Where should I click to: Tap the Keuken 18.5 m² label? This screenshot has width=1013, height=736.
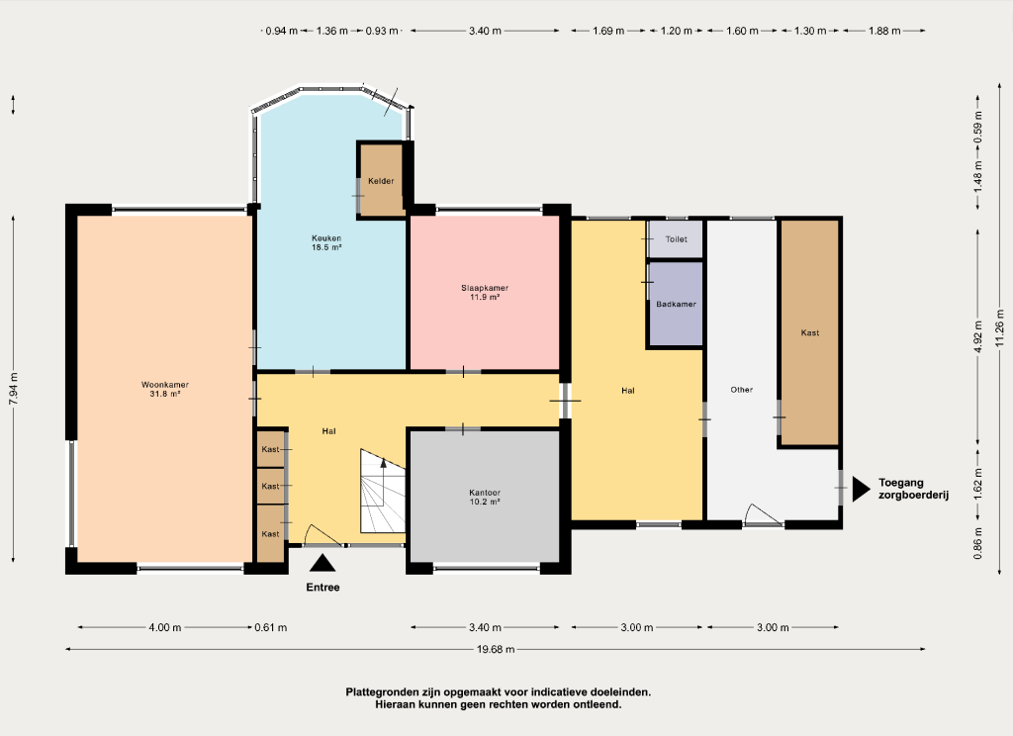pos(326,242)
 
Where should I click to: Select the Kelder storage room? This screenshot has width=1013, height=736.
pos(381,180)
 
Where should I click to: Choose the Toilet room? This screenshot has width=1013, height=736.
pos(676,239)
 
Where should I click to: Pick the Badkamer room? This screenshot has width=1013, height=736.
pos(676,304)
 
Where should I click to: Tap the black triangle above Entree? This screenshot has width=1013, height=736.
pos(322,563)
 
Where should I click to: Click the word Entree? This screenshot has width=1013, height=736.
pos(323,588)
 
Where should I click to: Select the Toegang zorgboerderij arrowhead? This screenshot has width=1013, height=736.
pos(862,489)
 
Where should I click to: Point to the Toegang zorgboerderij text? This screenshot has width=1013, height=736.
pos(913,489)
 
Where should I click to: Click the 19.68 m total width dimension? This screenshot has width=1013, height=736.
pos(496,649)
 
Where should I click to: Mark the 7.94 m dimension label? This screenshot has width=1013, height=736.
pos(13,389)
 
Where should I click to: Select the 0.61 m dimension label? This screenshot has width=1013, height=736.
pos(271,627)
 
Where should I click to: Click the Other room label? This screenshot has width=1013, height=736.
pos(742,390)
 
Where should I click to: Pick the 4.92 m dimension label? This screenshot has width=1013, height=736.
pos(978,336)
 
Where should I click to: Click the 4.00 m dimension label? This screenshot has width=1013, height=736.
pos(165,627)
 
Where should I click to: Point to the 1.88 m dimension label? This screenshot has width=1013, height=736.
pos(883,31)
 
